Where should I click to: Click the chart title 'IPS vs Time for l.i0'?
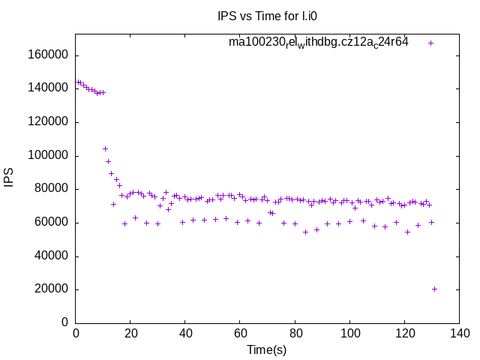[x=271, y=15]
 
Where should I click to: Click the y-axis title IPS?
[x=9, y=178]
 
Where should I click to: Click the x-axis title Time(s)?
[x=271, y=349]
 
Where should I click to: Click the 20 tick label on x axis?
[x=130, y=334]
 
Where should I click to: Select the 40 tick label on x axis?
[x=185, y=334]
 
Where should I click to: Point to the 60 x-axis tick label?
[x=240, y=334]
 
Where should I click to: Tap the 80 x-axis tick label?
[x=295, y=334]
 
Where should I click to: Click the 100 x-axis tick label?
[x=349, y=334]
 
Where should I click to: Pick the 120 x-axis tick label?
[x=404, y=334]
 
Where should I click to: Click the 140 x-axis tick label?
[x=459, y=334]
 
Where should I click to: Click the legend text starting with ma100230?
[x=319, y=43]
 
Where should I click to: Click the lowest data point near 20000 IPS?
[x=434, y=289]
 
